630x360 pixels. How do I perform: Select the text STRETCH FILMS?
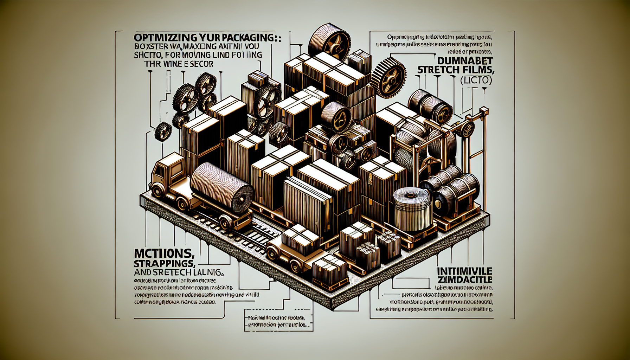[456, 70]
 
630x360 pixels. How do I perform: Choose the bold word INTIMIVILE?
[464, 271]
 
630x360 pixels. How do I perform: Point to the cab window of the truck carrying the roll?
[159, 171]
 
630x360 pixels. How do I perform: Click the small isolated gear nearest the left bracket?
[163, 131]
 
